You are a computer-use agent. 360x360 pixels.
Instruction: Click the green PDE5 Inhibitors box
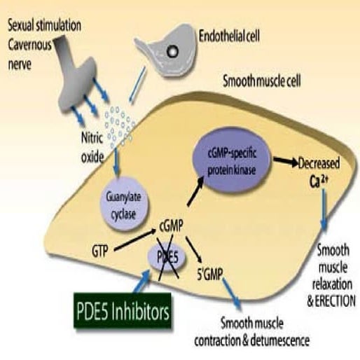point(123,310)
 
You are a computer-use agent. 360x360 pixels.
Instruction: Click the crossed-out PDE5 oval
point(167,257)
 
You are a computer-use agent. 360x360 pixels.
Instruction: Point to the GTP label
point(100,251)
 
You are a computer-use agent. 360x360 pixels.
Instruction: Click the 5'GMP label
point(210,274)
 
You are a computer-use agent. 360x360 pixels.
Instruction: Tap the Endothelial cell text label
point(229,36)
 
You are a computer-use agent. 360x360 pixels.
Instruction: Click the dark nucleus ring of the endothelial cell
point(173,51)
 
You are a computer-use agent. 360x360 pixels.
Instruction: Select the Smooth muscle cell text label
point(262,81)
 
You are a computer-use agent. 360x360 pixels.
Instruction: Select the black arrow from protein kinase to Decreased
point(286,161)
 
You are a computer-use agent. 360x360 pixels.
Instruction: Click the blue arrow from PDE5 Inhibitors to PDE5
point(142,281)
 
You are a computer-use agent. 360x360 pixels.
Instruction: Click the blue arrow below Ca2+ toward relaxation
point(324,209)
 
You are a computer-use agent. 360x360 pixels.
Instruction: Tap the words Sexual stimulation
point(45,26)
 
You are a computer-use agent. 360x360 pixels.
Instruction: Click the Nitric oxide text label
point(92,148)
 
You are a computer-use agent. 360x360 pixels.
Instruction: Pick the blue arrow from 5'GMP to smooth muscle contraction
point(232,294)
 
